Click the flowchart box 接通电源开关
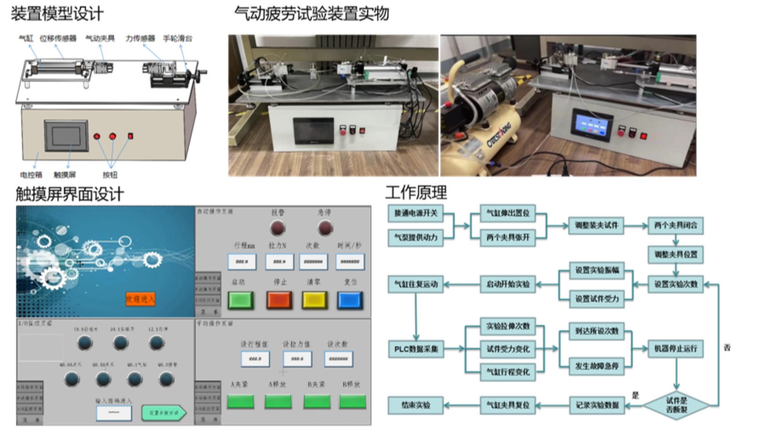(415, 213)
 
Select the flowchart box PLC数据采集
(416, 349)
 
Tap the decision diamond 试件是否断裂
(676, 405)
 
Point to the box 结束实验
(415, 405)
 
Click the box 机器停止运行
(676, 349)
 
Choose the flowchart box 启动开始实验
(508, 284)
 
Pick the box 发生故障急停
(597, 366)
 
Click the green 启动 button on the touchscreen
(241, 300)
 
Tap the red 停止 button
(279, 300)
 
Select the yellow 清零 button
(315, 300)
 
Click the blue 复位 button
(350, 300)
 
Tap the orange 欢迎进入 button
(141, 299)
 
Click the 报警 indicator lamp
(278, 228)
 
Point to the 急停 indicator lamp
(325, 228)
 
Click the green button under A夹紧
(241, 402)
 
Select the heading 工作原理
(416, 193)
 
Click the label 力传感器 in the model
(140, 39)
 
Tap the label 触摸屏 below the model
(65, 175)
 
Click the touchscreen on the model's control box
(66, 136)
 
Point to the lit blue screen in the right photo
(591, 124)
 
